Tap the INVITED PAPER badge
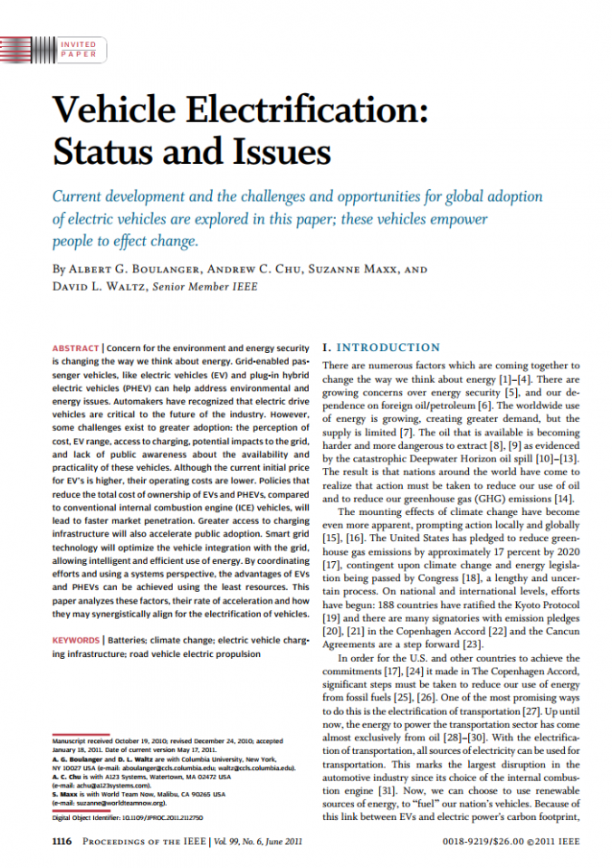coord(78,49)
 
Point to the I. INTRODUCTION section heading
coord(381,348)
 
